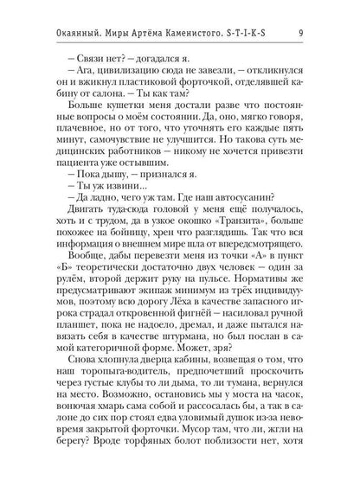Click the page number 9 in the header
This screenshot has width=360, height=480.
(322, 10)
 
